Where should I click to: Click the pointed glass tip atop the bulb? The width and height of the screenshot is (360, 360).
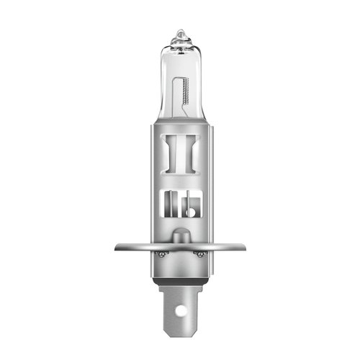click(180, 33)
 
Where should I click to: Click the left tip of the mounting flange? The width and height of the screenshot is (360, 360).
click(117, 248)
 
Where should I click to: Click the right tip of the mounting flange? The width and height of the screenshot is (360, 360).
click(243, 248)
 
